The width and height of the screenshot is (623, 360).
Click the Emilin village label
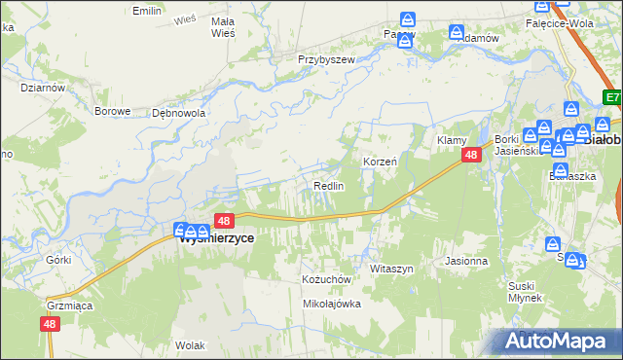(x=147, y=11)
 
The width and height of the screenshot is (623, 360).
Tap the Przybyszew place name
(x=326, y=58)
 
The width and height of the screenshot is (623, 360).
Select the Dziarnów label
(x=42, y=87)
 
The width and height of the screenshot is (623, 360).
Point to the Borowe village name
(x=112, y=111)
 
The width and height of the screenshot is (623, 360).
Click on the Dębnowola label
(x=178, y=113)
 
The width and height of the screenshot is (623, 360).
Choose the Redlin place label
(x=328, y=185)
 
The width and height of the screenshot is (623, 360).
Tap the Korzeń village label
(x=380, y=161)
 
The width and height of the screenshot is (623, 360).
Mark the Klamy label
(x=452, y=141)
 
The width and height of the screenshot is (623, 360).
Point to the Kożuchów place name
(x=325, y=278)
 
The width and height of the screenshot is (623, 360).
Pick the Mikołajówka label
(x=332, y=304)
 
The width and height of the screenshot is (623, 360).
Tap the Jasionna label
(x=465, y=261)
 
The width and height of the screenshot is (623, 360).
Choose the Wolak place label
(x=190, y=344)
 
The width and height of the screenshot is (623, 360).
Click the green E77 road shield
(x=611, y=97)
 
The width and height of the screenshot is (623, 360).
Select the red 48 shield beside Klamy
(x=471, y=156)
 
